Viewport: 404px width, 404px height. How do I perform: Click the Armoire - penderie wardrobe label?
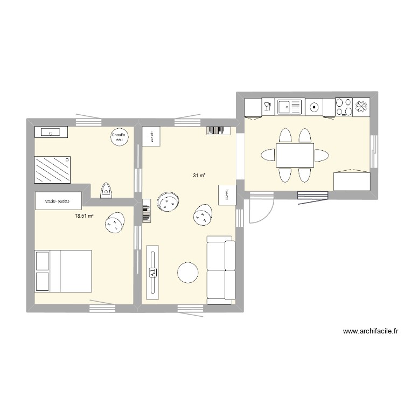pos(58,200)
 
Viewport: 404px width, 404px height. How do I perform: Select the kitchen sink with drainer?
pos(290,107)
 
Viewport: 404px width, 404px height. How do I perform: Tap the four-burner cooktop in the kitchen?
pos(344,107)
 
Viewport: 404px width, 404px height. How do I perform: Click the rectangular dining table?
pos(295,156)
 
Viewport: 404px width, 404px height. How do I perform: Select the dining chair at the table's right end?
pos(322,156)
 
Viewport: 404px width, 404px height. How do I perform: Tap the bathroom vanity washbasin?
pos(51,131)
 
